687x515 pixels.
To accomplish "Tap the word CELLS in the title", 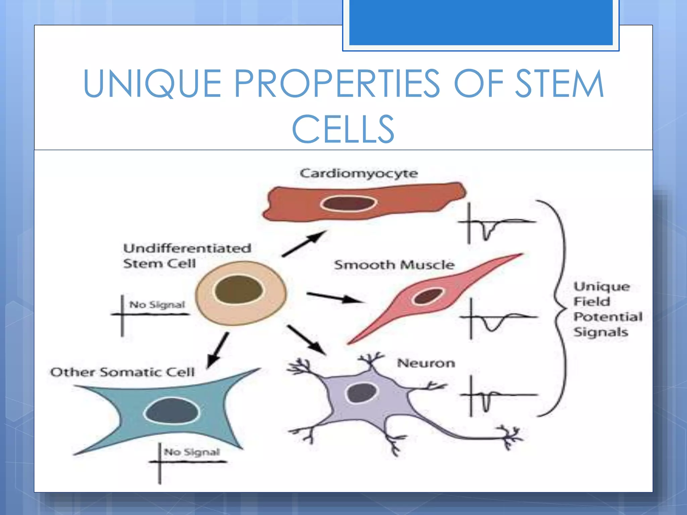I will (x=343, y=129).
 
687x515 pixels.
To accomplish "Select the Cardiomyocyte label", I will (x=359, y=174).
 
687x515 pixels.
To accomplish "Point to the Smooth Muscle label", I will (x=394, y=265).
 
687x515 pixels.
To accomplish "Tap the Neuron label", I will (x=426, y=363).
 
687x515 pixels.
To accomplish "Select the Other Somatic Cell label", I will (x=122, y=372).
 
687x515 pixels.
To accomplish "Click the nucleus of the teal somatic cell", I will (x=171, y=411).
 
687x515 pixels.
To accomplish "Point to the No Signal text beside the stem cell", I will (x=157, y=305).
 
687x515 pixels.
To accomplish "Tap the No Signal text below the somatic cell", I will (x=192, y=452).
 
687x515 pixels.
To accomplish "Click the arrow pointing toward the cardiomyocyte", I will (x=304, y=244).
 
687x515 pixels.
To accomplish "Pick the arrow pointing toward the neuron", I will (x=306, y=340).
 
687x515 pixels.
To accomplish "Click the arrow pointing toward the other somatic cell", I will (x=218, y=351).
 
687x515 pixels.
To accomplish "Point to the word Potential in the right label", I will (x=608, y=317).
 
